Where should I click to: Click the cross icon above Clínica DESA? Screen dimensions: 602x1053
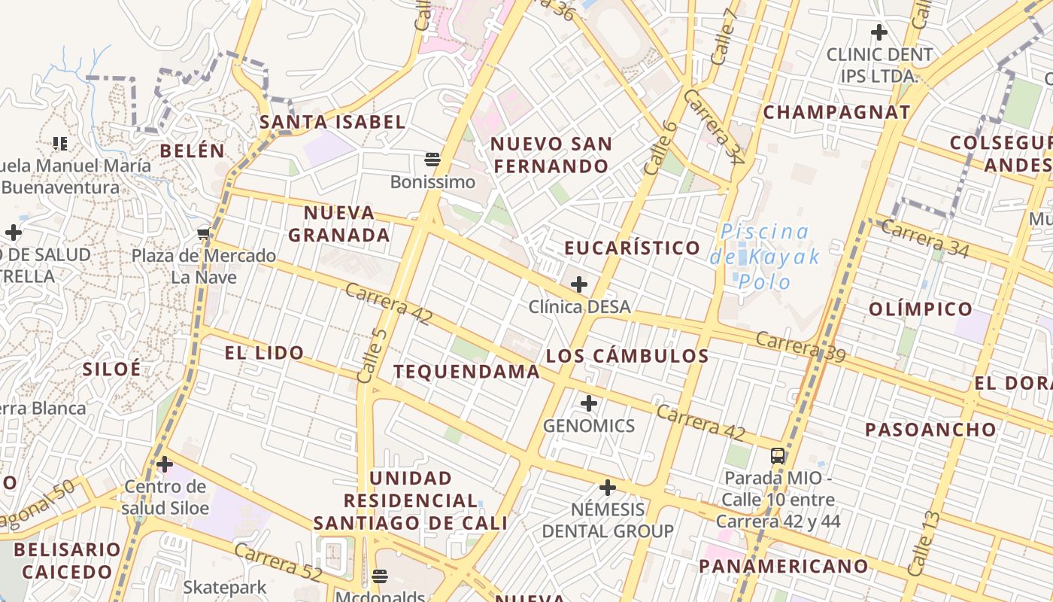pos(579,284)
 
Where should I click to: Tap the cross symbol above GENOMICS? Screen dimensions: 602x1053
pos(589,403)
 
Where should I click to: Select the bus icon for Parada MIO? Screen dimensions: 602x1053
pos(778,455)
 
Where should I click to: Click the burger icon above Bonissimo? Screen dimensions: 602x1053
pos(432,159)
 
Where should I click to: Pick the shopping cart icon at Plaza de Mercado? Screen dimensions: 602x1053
pos(203,233)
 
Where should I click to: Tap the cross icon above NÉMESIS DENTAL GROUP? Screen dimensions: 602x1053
pos(608,488)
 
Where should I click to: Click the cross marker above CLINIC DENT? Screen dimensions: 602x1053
pos(879,32)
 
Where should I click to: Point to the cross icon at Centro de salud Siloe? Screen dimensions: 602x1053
pos(165,464)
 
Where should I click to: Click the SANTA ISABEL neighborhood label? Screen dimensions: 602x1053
pos(332,122)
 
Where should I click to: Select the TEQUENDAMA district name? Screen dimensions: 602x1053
pos(466,371)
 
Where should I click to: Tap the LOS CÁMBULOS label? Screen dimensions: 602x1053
pos(627,356)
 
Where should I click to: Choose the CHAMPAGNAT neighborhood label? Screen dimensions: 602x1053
pos(836,113)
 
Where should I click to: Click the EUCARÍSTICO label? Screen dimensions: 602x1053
pos(632,248)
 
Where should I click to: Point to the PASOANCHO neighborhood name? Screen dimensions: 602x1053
pos(930,430)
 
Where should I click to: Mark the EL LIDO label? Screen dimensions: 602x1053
pos(264,352)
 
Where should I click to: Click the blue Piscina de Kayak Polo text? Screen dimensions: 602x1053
pos(765,257)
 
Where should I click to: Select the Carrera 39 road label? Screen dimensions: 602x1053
pos(800,346)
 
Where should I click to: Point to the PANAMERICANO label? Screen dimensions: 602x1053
pos(784,566)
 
